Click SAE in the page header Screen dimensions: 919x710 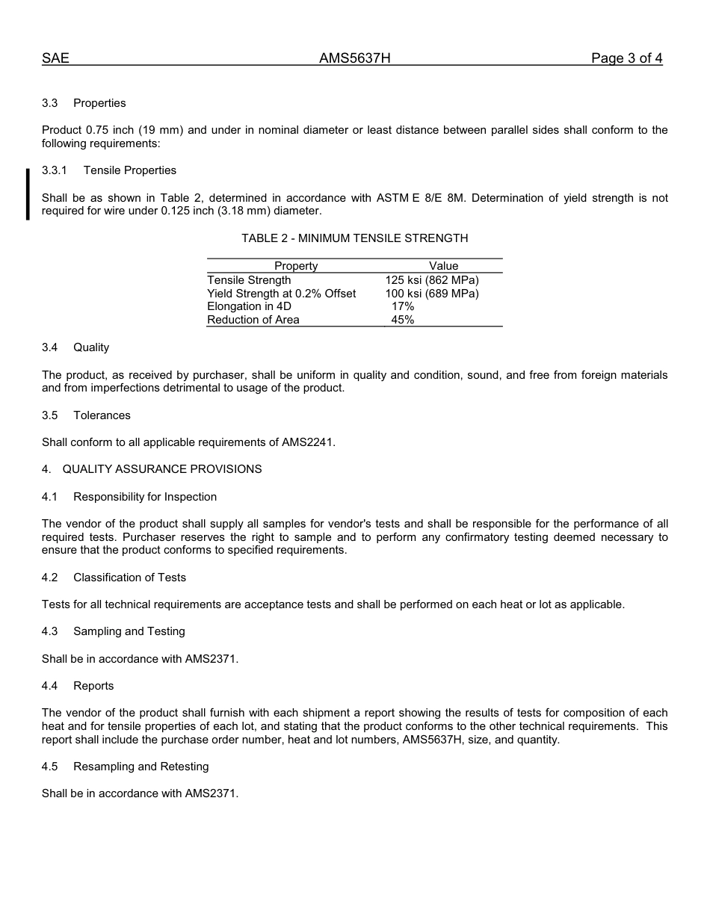(x=55, y=58)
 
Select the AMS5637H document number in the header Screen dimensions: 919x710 (x=354, y=58)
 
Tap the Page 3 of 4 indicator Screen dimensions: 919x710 (x=626, y=58)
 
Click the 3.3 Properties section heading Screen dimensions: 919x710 (x=84, y=103)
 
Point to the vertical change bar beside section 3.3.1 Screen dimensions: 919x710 (x=28, y=194)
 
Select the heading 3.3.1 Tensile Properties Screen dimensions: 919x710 (x=109, y=170)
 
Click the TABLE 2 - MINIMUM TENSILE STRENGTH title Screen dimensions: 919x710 (x=354, y=238)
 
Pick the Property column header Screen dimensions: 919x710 (x=296, y=266)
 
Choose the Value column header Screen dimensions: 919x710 (x=443, y=266)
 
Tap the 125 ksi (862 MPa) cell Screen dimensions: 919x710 (x=432, y=280)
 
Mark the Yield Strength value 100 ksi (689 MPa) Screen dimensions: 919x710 (x=432, y=294)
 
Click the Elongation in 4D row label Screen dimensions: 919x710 (x=249, y=306)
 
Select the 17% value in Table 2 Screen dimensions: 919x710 (x=403, y=306)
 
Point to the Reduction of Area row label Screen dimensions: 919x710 (x=253, y=320)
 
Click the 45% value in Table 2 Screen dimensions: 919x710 (x=403, y=320)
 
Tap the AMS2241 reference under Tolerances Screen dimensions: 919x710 (x=307, y=442)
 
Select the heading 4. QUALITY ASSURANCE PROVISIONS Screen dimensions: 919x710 (x=152, y=469)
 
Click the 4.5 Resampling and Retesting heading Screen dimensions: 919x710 (x=125, y=767)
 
